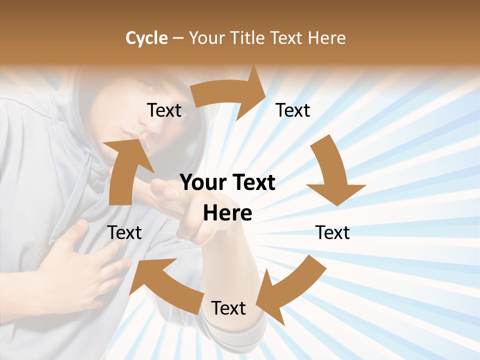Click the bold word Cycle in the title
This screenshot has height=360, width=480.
click(146, 38)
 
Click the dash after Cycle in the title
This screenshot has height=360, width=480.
click(177, 38)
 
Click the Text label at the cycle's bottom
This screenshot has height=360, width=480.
click(228, 308)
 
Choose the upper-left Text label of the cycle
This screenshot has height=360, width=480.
click(164, 110)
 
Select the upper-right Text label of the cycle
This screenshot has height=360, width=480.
click(293, 110)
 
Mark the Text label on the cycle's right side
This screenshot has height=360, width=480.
click(332, 232)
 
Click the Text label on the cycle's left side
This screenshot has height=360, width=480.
click(124, 232)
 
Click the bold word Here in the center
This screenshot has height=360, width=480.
click(227, 213)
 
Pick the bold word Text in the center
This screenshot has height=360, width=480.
click(253, 182)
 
